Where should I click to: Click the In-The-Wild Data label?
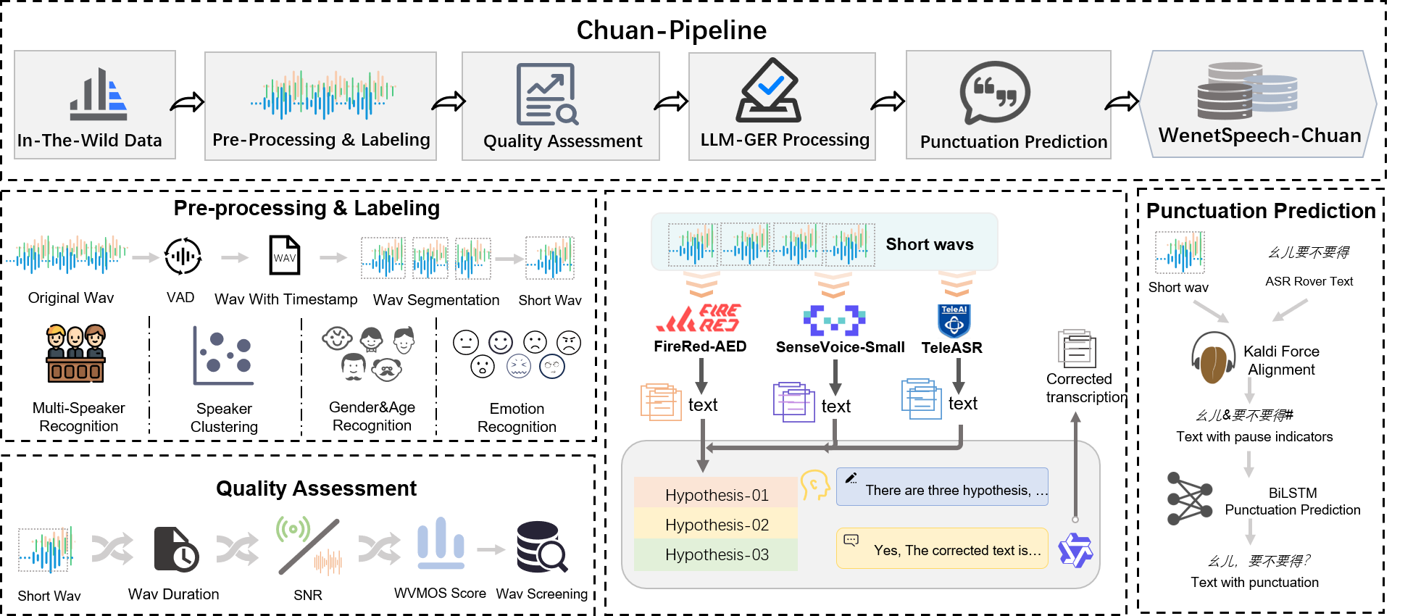click(90, 141)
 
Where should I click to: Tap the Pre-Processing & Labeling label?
click(321, 140)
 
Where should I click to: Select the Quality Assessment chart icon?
click(547, 94)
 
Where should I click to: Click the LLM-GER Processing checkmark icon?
click(768, 91)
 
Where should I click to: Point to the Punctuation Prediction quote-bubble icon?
click(995, 93)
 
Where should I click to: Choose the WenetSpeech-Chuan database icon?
click(1246, 91)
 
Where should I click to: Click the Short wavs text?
click(929, 244)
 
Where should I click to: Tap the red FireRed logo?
click(699, 319)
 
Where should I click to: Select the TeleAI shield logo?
click(954, 321)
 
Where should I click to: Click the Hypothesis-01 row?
click(716, 494)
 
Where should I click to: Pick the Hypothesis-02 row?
click(716, 525)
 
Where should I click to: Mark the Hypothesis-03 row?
click(716, 554)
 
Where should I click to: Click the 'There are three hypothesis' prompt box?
click(942, 487)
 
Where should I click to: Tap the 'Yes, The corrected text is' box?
click(942, 549)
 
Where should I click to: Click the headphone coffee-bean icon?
click(1213, 357)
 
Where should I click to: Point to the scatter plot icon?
click(223, 355)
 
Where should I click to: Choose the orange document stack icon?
click(661, 402)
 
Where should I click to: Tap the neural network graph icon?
click(1189, 499)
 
